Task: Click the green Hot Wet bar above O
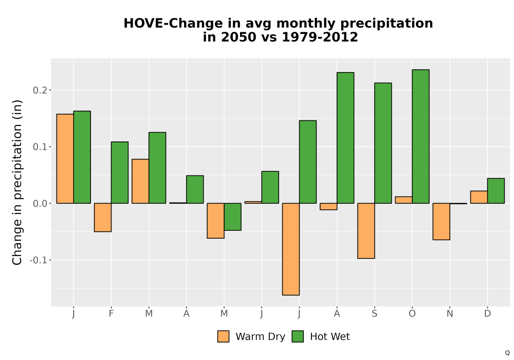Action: pos(420,136)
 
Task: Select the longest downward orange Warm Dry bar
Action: pos(291,249)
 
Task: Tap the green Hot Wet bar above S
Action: pos(383,143)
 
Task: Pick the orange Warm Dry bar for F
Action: pos(103,218)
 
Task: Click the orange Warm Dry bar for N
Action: pos(441,222)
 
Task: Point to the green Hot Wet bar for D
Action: pos(496,191)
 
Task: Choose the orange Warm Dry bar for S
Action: pos(366,231)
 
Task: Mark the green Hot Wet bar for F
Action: pos(120,172)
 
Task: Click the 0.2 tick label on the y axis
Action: pos(40,90)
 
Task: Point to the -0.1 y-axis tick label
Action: pos(39,260)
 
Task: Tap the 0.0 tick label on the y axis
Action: pos(40,204)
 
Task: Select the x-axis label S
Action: pos(374,314)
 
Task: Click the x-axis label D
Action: pos(487,314)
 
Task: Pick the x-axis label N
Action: pos(450,314)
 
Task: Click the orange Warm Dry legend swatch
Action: pos(223,336)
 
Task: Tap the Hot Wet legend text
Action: pos(330,337)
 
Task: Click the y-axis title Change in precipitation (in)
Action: pos(17,182)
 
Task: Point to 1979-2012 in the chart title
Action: pos(320,37)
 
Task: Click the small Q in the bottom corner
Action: pos(507,353)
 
